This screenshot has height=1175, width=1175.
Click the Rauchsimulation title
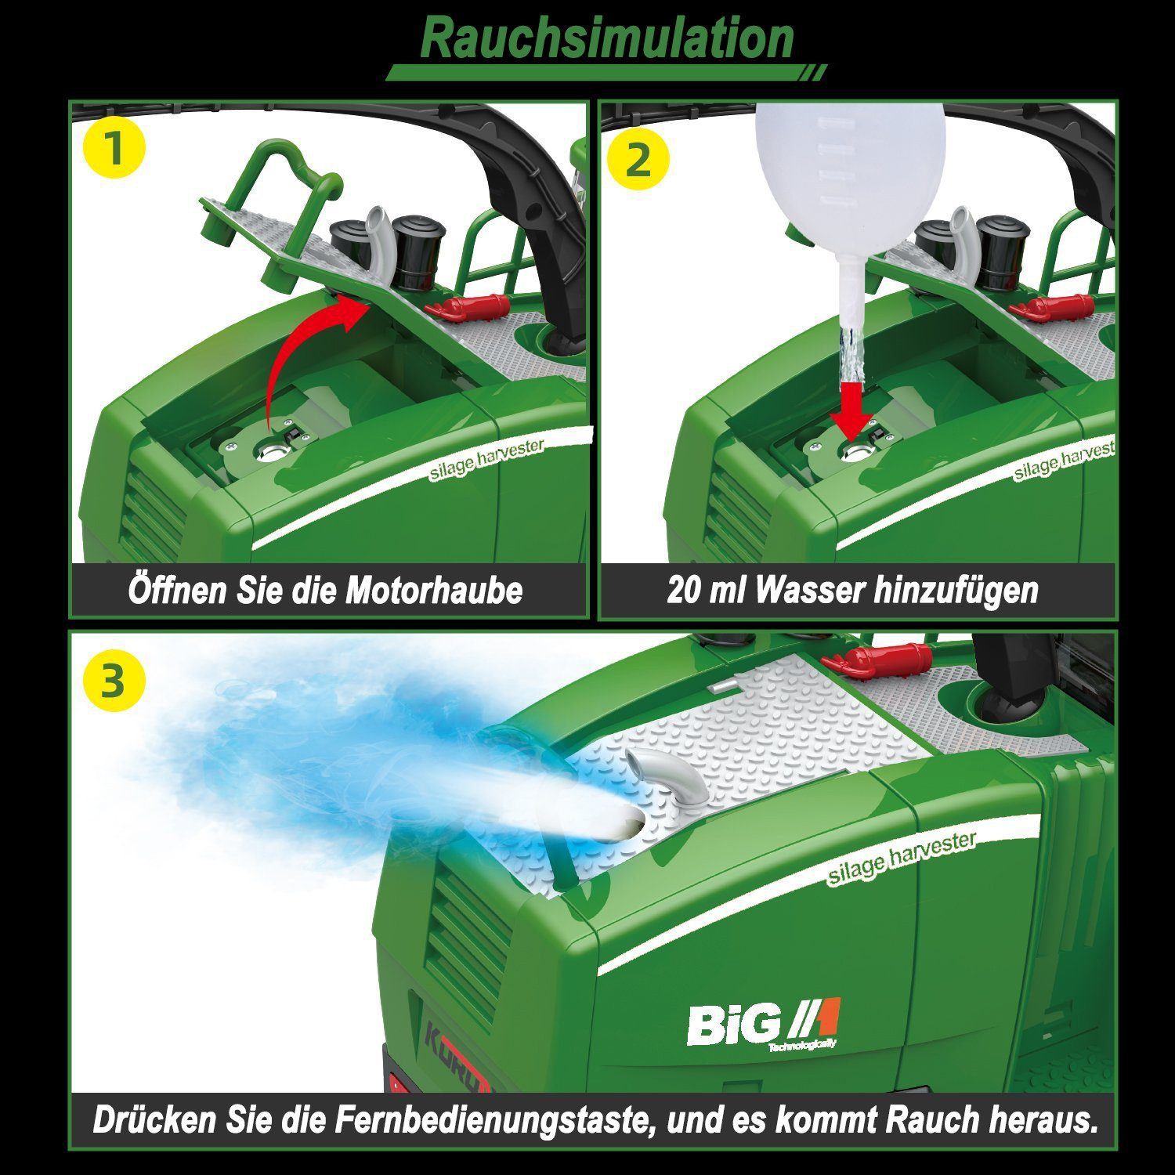[607, 39]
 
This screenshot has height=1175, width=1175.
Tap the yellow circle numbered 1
[114, 149]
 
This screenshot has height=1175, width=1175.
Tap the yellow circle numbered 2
[638, 160]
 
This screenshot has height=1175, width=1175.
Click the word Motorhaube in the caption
[434, 591]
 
